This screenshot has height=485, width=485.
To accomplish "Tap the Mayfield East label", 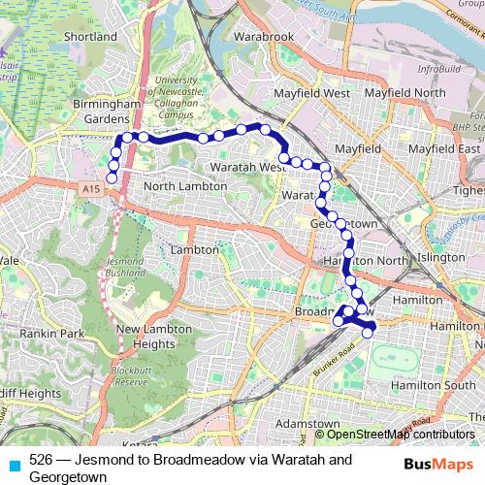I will [444, 150].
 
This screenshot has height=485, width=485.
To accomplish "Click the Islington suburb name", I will [439, 257].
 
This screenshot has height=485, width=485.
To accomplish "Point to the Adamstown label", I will [301, 425].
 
